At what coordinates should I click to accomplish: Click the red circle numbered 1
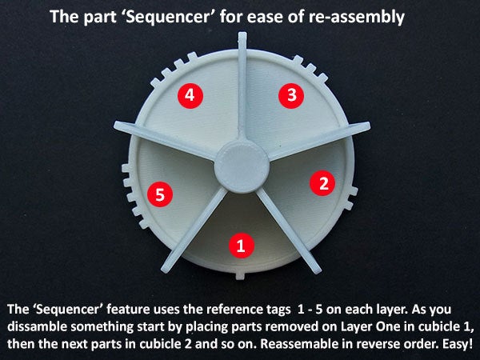tap(242, 246)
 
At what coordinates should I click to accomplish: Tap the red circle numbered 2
tap(322, 183)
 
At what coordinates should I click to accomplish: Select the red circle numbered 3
tap(291, 95)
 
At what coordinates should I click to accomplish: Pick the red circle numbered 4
tap(190, 95)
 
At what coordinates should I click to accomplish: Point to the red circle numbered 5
tap(160, 194)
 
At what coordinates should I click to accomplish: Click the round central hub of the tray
tap(242, 167)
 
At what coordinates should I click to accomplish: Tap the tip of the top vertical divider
tap(242, 33)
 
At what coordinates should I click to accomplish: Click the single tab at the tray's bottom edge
tap(240, 275)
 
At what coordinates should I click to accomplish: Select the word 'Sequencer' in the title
tap(168, 17)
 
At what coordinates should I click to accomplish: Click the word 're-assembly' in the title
tap(357, 17)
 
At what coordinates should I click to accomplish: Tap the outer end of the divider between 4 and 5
tap(117, 125)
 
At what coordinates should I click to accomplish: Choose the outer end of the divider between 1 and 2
tap(317, 270)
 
